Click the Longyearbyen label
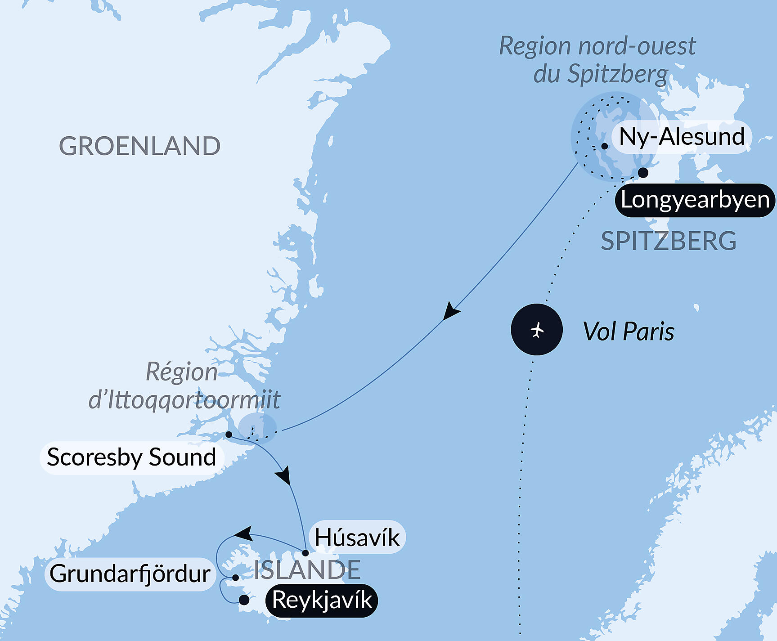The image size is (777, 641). point(695,200)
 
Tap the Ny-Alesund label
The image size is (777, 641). point(682,137)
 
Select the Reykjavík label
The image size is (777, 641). point(322,601)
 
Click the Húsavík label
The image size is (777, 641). point(357,538)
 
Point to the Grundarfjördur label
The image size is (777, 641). point(130,574)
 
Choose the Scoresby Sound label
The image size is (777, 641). point(132,457)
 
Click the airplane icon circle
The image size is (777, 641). point(537,330)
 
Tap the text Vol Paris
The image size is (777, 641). point(629,332)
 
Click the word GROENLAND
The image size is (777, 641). point(140,146)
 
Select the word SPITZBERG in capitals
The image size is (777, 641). point(669,241)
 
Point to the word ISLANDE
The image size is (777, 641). point(307,570)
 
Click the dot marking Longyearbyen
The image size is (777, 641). point(643,173)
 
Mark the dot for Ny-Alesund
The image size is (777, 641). point(605,146)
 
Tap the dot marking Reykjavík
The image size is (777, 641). point(244,600)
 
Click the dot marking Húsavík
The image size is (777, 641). point(305,553)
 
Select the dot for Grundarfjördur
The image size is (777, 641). point(235,578)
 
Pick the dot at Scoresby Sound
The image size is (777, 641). point(229,435)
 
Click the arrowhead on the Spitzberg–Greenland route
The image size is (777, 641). point(450,311)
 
